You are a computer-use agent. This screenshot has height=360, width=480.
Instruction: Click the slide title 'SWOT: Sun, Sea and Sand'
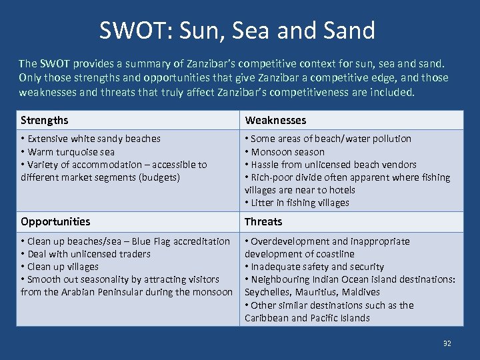click(237, 30)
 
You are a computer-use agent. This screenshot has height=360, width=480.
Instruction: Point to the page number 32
click(447, 343)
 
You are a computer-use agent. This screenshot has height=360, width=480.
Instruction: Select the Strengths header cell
click(45, 120)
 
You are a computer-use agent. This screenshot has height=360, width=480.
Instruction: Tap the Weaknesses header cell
click(275, 120)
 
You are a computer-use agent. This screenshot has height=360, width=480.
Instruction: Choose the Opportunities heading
click(55, 221)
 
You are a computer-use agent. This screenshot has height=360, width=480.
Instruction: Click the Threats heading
click(263, 221)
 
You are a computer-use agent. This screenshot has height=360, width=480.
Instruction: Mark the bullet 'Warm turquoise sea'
click(71, 151)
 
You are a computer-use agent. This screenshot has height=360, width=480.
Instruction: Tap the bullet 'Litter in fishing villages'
click(299, 203)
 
